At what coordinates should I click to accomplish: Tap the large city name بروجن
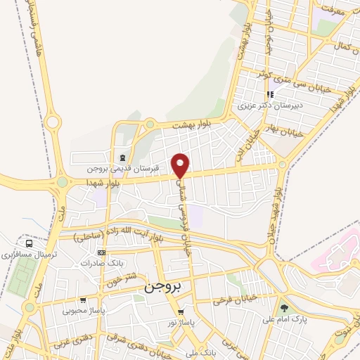point(162,287)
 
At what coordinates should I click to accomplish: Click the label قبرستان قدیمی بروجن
point(124,169)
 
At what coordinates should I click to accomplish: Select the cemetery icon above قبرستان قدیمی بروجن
point(124,157)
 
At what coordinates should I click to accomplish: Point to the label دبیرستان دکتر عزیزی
point(264,105)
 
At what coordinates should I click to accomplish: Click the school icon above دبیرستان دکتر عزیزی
point(268,94)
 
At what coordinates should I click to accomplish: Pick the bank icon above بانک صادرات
point(101,252)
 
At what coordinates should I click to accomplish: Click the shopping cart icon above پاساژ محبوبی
point(83,300)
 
